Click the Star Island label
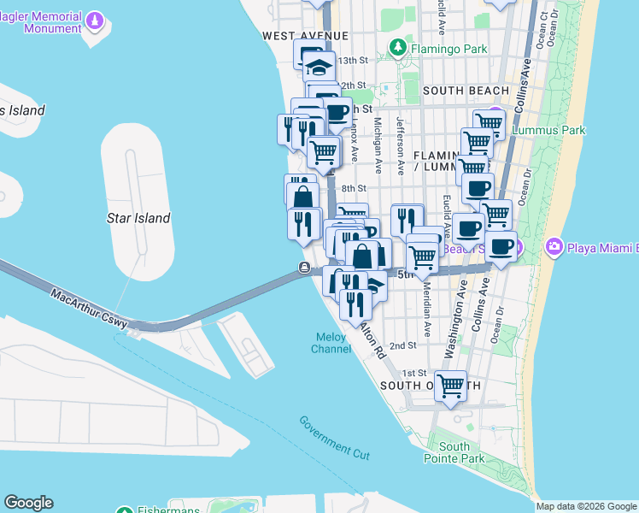(138, 218)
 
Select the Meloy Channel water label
(330, 343)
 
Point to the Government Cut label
(334, 436)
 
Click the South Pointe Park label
(454, 452)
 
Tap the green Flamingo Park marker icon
(396, 48)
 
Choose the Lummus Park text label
(548, 131)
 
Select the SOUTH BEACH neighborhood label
(466, 91)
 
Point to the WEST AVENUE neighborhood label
(305, 36)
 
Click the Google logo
(28, 503)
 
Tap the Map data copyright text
(587, 506)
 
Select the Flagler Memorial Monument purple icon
(95, 19)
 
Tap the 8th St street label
(353, 188)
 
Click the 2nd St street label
(402, 345)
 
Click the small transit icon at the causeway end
(304, 268)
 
